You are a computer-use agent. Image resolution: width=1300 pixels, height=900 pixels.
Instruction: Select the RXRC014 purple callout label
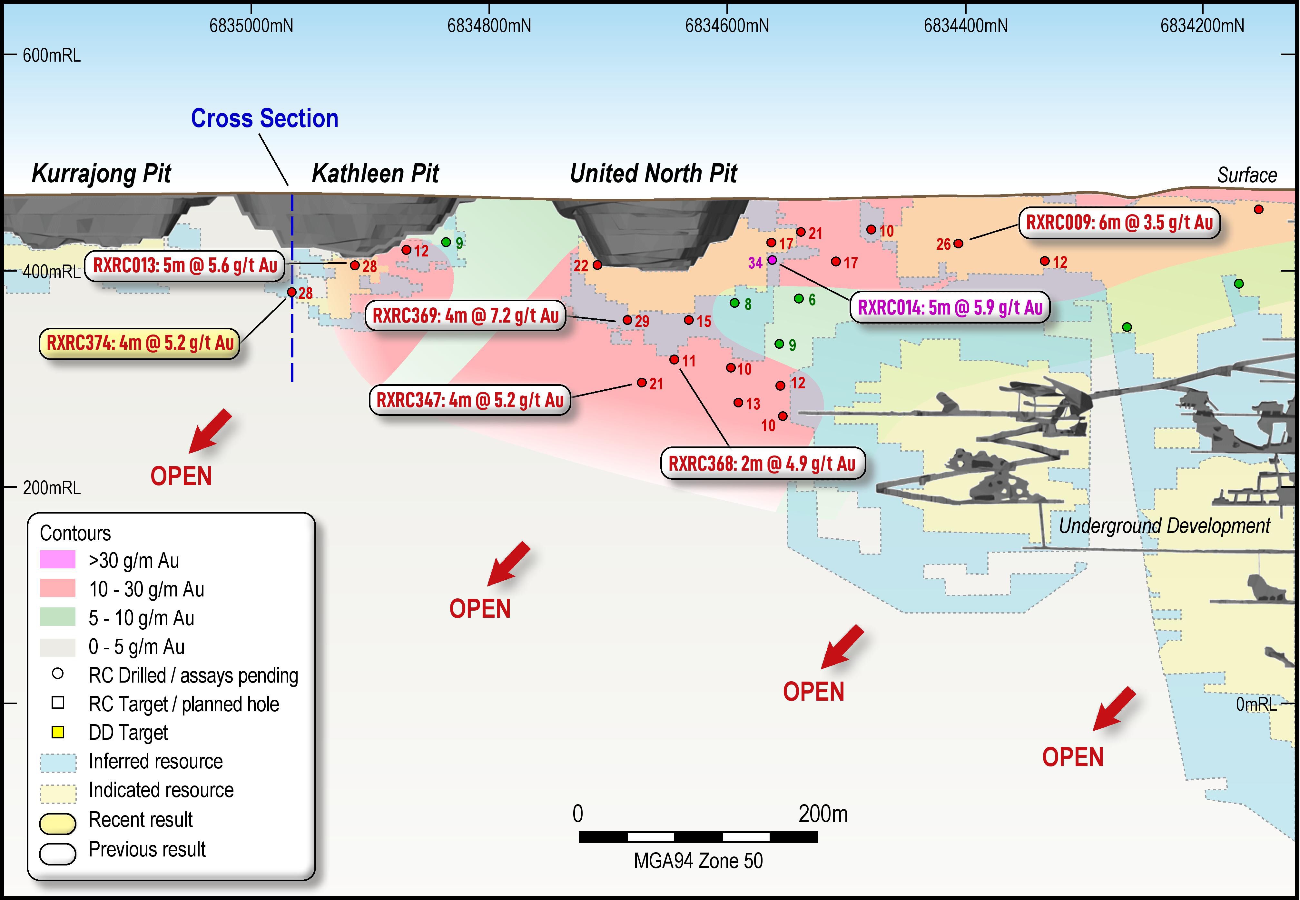950,308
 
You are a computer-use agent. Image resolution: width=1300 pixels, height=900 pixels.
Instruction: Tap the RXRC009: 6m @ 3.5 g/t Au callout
1119,223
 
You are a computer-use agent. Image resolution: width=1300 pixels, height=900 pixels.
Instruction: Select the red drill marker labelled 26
958,244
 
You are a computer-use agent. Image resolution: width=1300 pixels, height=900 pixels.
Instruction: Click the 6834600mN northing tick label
727,26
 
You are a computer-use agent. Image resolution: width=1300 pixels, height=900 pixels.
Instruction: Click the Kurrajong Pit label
102,174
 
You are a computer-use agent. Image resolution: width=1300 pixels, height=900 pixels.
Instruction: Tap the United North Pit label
653,174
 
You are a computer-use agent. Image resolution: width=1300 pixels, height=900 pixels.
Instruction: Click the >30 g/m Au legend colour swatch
57,560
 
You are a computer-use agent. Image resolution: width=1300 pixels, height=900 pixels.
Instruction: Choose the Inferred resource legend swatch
57,762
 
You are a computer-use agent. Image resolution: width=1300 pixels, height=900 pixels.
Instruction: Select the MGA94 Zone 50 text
698,861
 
